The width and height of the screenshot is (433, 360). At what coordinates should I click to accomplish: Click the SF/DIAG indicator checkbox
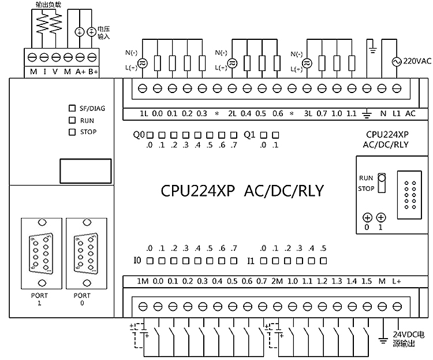coord(72,108)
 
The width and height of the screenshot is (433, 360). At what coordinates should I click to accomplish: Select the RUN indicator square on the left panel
coord(72,120)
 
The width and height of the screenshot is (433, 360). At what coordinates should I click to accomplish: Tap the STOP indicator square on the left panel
coord(72,132)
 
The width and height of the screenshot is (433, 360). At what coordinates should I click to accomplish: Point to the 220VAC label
coord(417,61)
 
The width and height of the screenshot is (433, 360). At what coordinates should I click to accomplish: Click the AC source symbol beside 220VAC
coord(397,61)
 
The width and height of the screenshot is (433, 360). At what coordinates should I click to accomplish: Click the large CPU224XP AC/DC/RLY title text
coord(242,190)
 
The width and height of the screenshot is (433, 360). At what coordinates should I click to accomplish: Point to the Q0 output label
coord(139,135)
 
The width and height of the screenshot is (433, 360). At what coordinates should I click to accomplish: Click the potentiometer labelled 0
coord(367,218)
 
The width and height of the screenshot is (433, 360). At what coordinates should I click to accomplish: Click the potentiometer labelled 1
coord(381,218)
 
